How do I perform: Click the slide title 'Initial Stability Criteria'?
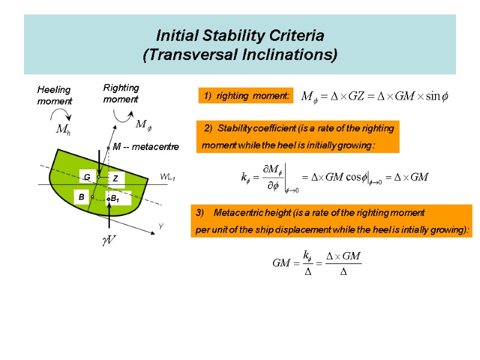point(240,35)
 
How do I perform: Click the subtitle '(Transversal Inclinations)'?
point(240,55)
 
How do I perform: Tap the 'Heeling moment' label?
point(55,95)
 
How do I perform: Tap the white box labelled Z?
point(115,178)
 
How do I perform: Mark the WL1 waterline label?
point(167,176)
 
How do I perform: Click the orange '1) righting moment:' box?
point(245,95)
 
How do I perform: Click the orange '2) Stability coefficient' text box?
point(297,137)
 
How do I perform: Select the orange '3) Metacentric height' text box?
point(331,221)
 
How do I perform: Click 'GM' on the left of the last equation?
point(282,263)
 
